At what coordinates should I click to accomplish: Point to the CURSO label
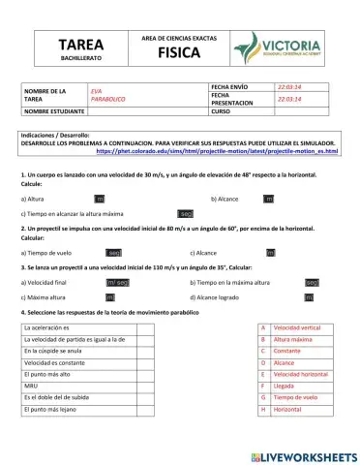point(221,111)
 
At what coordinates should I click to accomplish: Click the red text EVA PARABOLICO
point(107,95)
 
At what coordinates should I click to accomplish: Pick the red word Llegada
point(285,386)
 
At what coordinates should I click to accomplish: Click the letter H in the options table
point(263,409)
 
